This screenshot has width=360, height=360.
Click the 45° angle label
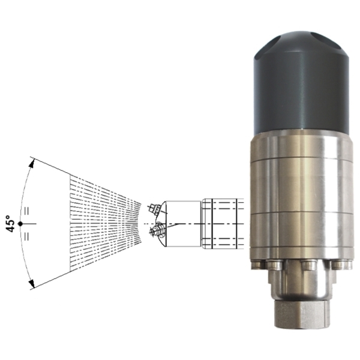(x=11, y=224)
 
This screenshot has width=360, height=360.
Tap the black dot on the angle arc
(x=20, y=223)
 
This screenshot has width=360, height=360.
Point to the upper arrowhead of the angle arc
(x=32, y=163)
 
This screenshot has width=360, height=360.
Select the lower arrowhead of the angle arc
(x=32, y=283)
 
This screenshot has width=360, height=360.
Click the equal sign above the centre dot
(x=26, y=211)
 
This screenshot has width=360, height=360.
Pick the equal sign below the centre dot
(x=26, y=236)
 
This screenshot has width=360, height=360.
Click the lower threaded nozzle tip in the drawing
(x=157, y=231)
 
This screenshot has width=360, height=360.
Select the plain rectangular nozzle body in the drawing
(x=183, y=224)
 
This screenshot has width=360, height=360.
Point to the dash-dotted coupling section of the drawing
(x=223, y=224)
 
